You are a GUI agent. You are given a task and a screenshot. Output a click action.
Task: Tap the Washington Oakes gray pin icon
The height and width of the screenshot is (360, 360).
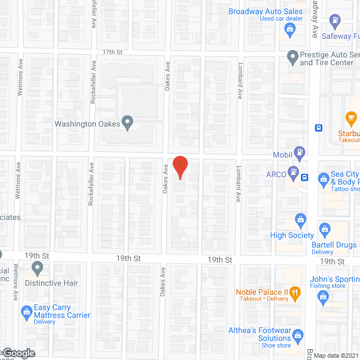click(128, 121)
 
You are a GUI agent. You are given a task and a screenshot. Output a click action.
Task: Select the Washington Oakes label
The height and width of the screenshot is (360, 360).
click(88, 124)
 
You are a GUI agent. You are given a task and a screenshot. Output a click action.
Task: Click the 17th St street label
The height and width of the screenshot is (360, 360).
click(112, 52)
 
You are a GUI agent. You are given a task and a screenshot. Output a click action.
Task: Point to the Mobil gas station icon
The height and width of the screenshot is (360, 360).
click(301, 151)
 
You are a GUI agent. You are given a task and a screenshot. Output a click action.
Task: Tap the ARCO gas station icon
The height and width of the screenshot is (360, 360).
click(292, 172)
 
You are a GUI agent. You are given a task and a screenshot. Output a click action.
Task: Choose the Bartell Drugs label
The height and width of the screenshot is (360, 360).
click(334, 245)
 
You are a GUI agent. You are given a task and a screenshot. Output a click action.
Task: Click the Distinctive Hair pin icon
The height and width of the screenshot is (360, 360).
click(38, 267)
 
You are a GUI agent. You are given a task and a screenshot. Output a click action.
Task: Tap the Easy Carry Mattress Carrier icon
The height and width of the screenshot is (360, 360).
click(26, 311)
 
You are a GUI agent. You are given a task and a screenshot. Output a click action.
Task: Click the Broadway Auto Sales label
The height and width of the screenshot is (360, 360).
click(265, 11)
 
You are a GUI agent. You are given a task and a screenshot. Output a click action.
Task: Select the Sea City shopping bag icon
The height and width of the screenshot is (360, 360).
click(323, 179)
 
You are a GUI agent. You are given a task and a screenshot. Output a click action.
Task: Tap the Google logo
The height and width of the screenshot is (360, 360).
click(18, 353)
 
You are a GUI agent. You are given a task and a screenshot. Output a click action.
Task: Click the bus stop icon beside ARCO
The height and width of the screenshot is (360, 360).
click(305, 177)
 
